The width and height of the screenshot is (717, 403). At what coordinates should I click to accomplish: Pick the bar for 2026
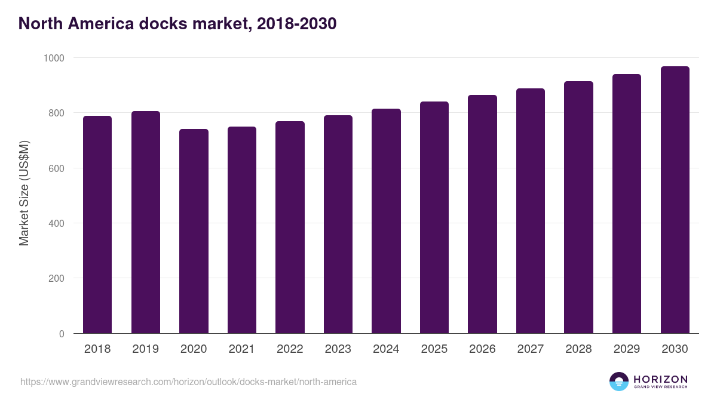pyautogui.click(x=482, y=214)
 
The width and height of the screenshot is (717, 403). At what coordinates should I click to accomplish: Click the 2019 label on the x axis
pyautogui.click(x=145, y=349)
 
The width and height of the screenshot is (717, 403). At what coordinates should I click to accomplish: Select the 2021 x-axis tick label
pyautogui.click(x=241, y=349)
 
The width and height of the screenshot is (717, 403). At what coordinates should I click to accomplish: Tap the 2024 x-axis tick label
pyautogui.click(x=386, y=349)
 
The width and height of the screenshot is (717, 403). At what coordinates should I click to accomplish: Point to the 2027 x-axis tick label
pyautogui.click(x=531, y=349)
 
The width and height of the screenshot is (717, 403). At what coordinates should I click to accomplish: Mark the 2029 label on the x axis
pyautogui.click(x=627, y=349)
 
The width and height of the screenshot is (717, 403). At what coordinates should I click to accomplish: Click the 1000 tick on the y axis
pyautogui.click(x=53, y=58)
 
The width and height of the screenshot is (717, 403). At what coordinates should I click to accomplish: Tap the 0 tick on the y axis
pyautogui.click(x=61, y=334)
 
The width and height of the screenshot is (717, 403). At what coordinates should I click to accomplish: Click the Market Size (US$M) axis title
pyautogui.click(x=24, y=193)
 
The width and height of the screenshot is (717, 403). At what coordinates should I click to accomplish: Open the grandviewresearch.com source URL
pyautogui.click(x=188, y=382)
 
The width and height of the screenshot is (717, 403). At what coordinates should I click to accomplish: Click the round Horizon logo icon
pyautogui.click(x=618, y=382)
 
